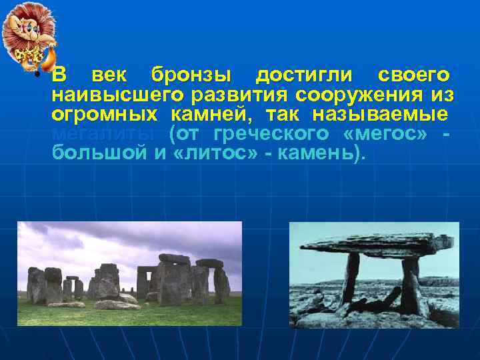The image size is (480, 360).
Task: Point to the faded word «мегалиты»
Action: [x=104, y=133]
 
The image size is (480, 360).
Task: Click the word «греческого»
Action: [x=273, y=133]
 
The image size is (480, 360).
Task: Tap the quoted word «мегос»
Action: [x=385, y=133]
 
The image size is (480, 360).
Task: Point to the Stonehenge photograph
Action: [x=129, y=273]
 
